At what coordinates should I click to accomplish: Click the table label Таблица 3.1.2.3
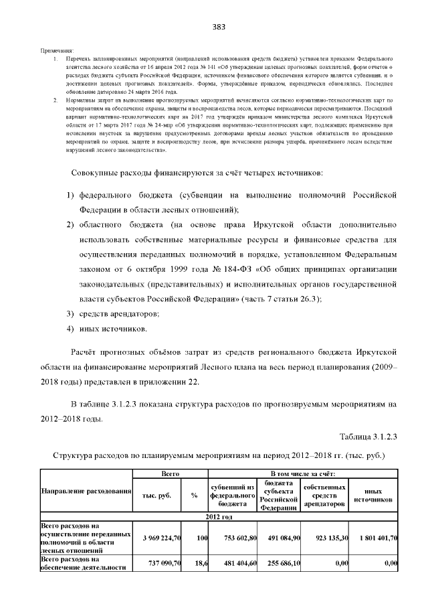[x=368, y=437]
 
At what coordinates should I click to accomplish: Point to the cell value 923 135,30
[x=324, y=538]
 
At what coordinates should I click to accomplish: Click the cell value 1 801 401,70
[x=372, y=538]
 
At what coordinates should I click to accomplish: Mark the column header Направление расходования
[x=86, y=492]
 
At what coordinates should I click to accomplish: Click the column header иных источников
[x=372, y=496]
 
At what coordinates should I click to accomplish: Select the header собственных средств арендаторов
[x=324, y=496]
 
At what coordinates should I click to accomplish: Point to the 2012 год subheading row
[x=218, y=517]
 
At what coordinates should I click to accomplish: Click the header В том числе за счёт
[x=304, y=473]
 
